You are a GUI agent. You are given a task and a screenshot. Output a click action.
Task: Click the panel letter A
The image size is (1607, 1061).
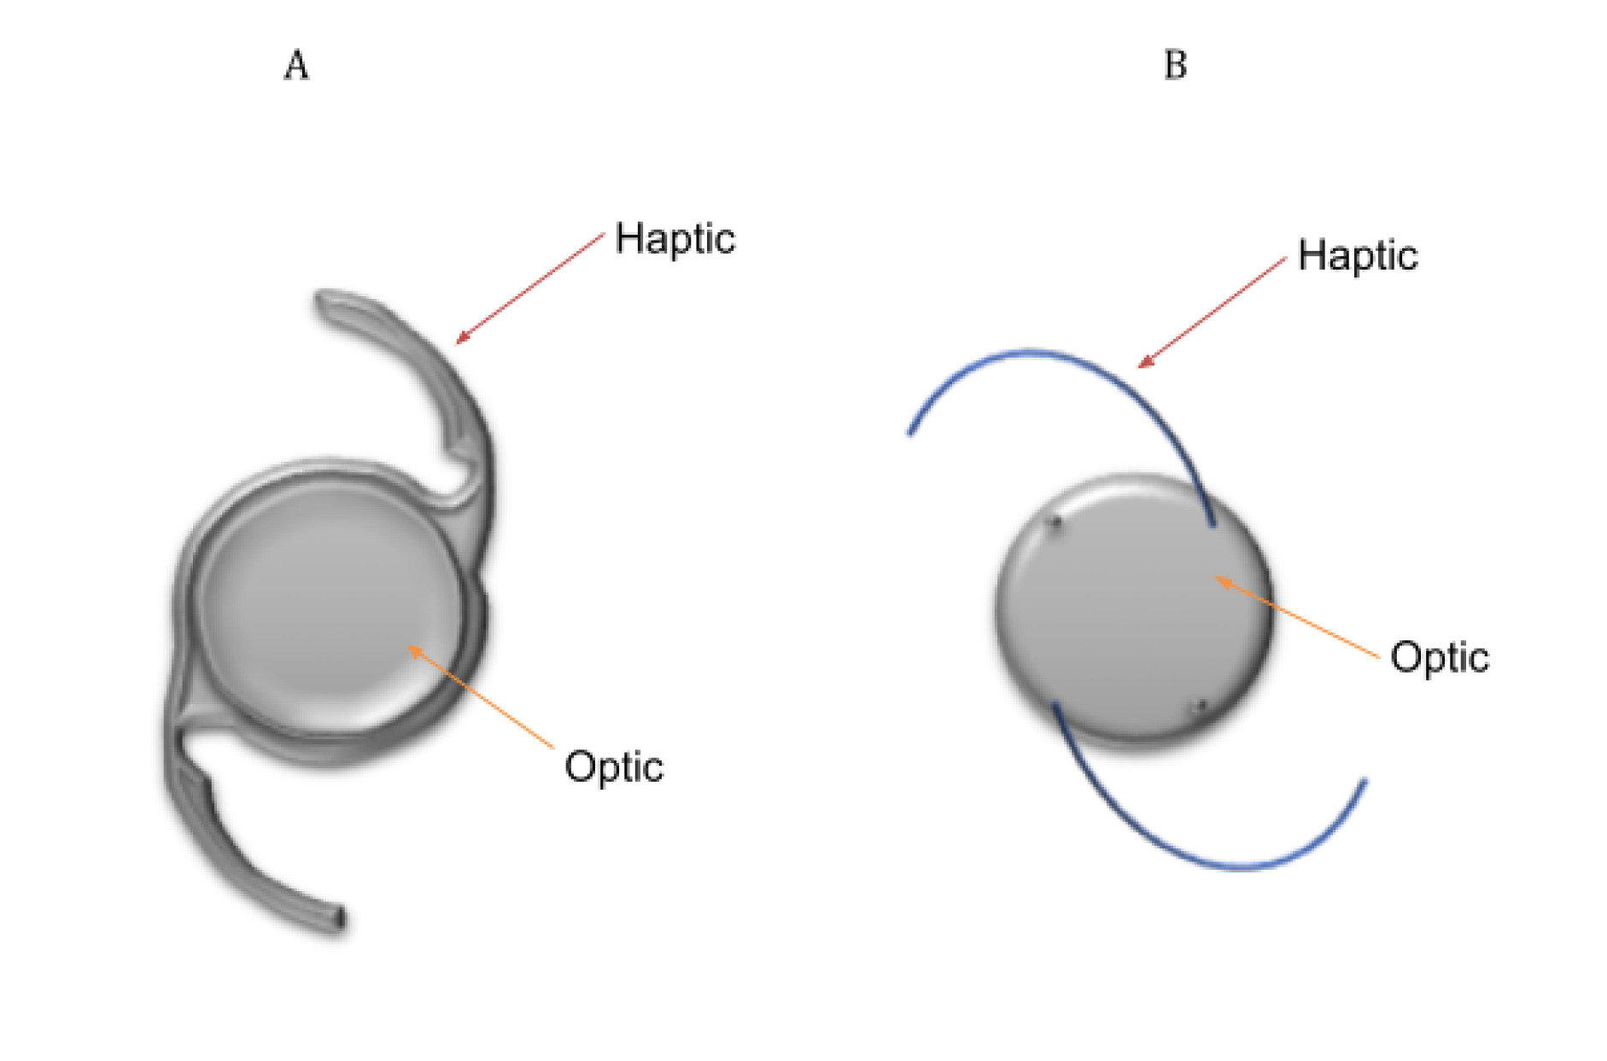[x=295, y=66]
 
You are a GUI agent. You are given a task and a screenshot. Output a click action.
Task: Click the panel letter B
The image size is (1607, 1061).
[x=1175, y=66]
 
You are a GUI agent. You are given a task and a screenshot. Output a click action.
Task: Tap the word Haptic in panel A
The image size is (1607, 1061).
[x=675, y=239]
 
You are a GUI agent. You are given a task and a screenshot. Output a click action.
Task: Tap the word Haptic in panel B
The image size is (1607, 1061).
[x=1358, y=256]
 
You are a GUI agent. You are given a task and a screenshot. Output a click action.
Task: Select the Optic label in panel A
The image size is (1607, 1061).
[x=614, y=767]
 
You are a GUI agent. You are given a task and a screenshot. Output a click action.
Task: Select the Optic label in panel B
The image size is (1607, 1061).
[x=1440, y=657]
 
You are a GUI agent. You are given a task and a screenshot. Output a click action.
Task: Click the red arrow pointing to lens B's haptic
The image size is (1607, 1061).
[x=1213, y=312]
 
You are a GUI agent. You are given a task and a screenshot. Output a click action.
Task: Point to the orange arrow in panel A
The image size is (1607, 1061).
[x=480, y=697]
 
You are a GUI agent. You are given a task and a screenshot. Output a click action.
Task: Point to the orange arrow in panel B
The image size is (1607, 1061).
[x=1296, y=618]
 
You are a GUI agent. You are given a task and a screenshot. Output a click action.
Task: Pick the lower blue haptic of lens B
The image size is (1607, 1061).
[x=1195, y=854]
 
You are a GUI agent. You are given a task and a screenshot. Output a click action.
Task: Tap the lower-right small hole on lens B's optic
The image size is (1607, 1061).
[x=1199, y=707]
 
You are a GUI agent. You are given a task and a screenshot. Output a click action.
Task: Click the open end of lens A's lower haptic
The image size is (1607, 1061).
[x=340, y=920]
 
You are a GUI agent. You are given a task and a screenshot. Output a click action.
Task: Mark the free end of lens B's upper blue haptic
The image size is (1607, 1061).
[x=911, y=432]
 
